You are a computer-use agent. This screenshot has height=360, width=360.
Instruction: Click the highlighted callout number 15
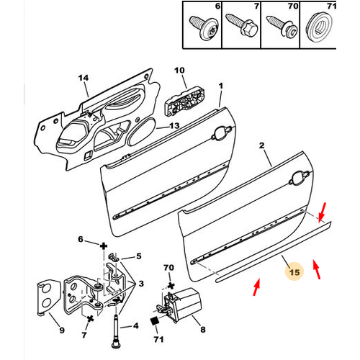coord(294,272)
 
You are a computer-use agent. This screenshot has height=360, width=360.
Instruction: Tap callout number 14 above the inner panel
coord(84,78)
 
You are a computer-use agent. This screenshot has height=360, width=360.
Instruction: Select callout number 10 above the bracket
coord(179,71)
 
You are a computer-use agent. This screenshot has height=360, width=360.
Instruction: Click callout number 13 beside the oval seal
coord(174,126)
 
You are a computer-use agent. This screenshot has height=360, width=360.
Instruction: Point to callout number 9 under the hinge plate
coord(62,330)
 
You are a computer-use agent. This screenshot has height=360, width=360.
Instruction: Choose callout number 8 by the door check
coord(203,330)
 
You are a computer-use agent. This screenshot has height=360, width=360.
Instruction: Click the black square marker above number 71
coord(155,321)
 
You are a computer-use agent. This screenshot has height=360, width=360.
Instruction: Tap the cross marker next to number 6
coord(104,246)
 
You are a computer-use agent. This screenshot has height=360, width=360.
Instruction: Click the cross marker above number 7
coord(90,319)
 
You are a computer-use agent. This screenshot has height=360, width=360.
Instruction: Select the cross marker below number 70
coord(171,285)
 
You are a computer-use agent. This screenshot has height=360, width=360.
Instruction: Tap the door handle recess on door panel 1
coord(222,133)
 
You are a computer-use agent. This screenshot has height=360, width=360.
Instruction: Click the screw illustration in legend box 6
coord(204,27)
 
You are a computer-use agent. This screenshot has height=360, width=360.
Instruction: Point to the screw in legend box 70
coord(282,26)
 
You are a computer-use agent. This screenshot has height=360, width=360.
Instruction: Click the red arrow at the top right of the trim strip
coord(323,212)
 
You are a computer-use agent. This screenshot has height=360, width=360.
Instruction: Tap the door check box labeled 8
coord(184,305)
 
